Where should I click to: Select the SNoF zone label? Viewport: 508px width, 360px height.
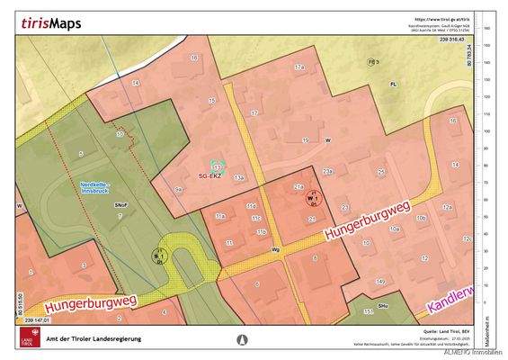point(120,206)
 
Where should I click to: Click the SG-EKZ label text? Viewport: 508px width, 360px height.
point(210,176)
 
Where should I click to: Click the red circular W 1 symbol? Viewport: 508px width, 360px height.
point(313,199)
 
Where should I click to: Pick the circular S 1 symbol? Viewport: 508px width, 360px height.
point(160,255)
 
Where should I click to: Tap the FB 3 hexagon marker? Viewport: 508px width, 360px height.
point(372,61)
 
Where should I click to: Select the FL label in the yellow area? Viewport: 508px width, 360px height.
point(392,83)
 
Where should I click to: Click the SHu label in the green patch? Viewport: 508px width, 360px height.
point(383,306)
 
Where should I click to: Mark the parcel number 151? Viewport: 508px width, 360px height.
point(368,311)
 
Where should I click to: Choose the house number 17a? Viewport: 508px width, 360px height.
point(299,67)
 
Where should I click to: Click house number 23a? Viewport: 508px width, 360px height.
point(328,171)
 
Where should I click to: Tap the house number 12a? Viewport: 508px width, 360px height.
point(446,206)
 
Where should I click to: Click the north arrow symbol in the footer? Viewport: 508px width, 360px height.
point(240,340)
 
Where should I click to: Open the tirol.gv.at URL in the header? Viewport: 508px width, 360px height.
point(442,18)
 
